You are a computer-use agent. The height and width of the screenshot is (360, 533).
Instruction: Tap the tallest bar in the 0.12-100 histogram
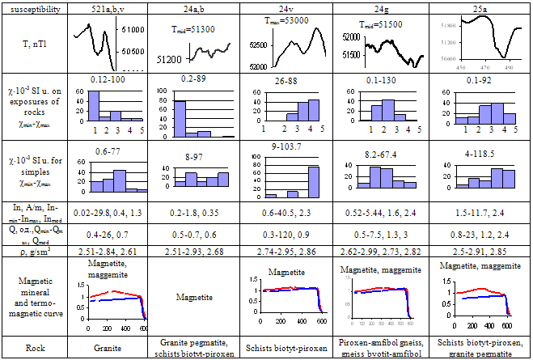[93, 104]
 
